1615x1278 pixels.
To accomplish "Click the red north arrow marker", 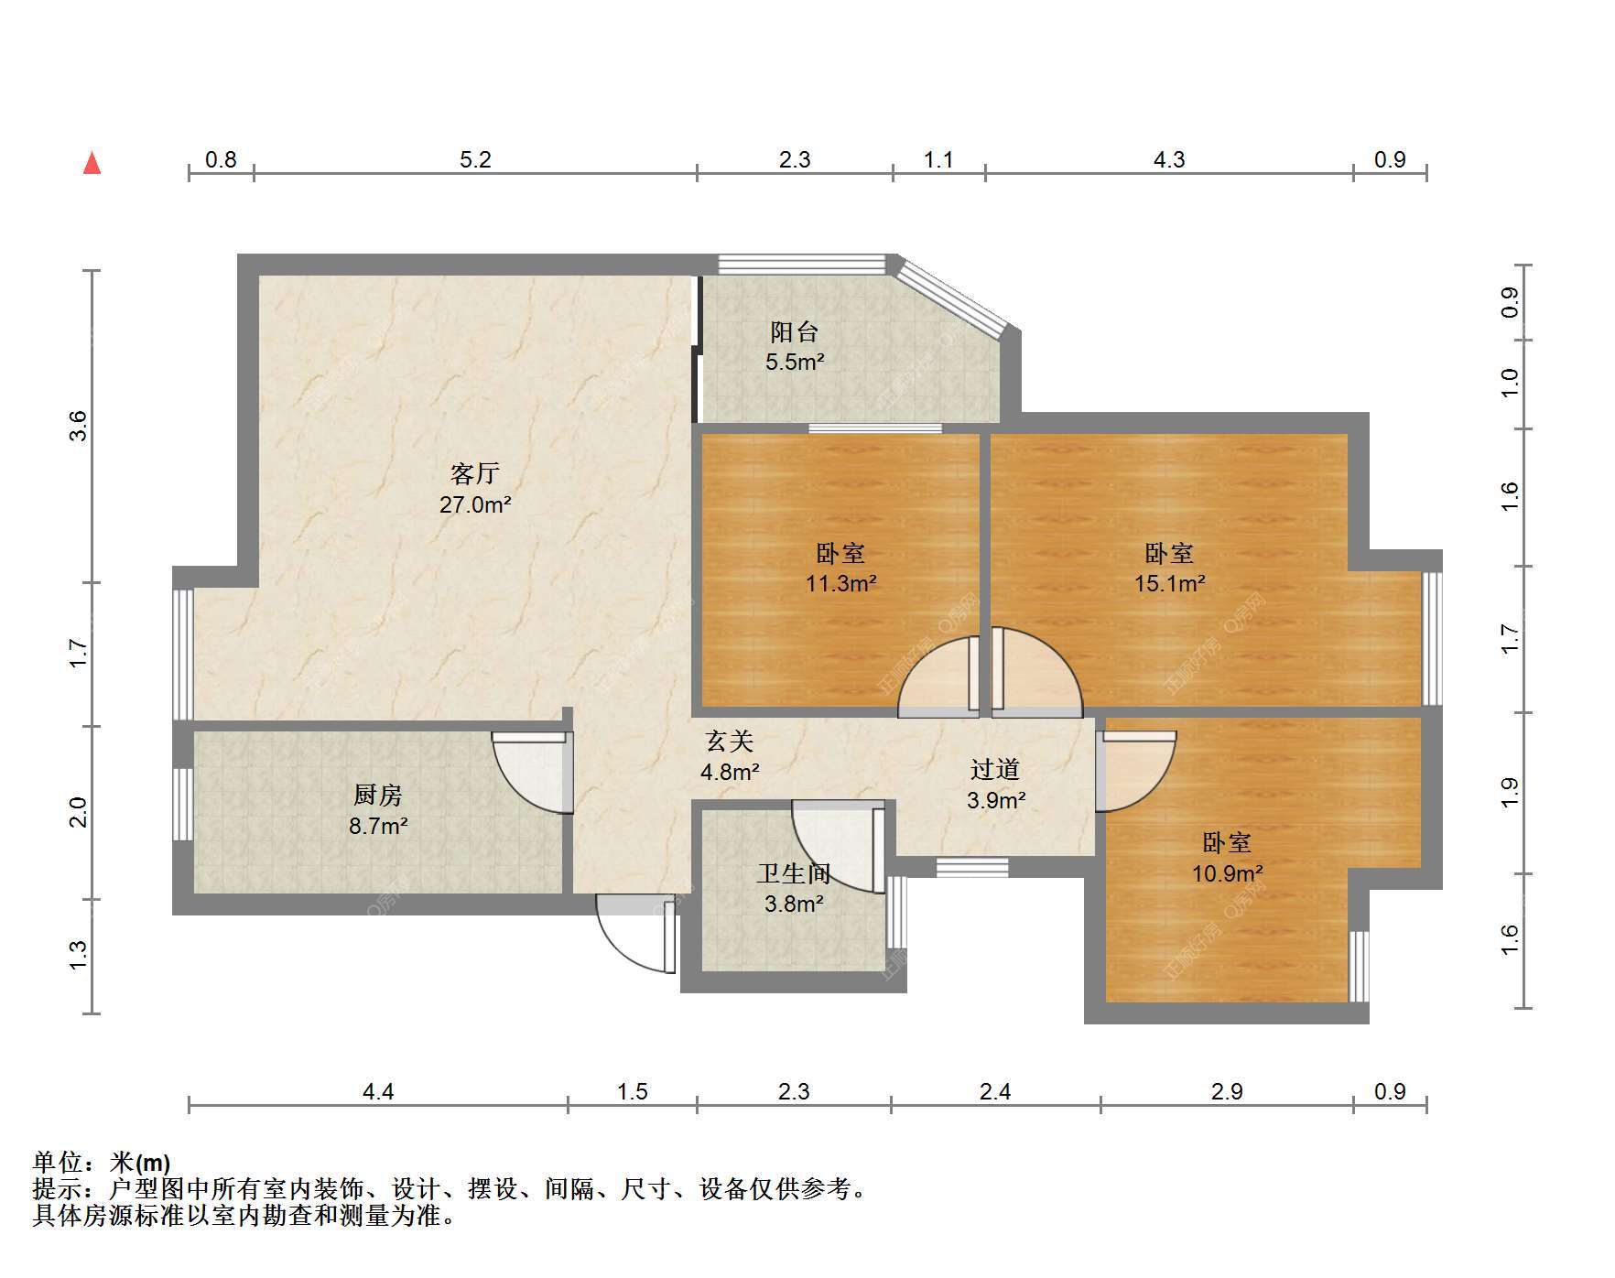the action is (92, 163).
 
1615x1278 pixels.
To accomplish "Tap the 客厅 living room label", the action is (474, 473).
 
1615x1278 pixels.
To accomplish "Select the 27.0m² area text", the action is (475, 504).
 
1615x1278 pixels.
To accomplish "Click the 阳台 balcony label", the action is (794, 331).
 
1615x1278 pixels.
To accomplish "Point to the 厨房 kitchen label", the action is (378, 795).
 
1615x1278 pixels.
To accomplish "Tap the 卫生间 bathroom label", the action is (794, 872).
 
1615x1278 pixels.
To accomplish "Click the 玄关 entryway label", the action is (730, 741).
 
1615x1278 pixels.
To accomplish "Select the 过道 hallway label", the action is (995, 769).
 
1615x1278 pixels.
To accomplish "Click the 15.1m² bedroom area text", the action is (1169, 583).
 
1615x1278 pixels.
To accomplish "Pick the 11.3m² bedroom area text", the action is (840, 583).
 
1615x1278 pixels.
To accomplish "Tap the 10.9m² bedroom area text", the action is (1227, 873).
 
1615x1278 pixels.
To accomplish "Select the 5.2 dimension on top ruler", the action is (475, 160).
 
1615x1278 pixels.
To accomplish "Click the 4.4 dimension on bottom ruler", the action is (378, 1091).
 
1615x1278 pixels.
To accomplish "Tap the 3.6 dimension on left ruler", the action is (79, 426).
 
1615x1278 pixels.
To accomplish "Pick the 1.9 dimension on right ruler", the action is (1510, 793).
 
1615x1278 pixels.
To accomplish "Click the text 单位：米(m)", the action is (102, 1163).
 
